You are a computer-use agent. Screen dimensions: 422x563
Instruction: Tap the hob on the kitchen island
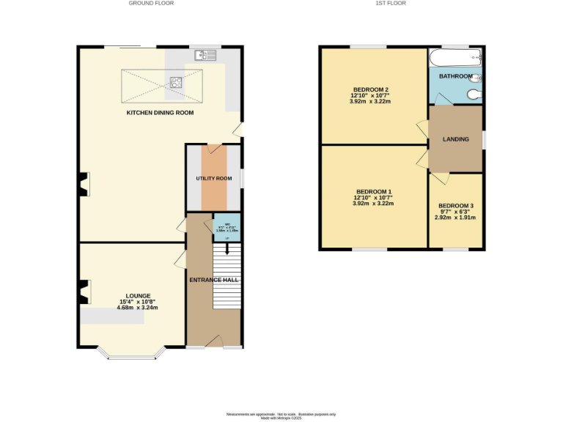point(177,82)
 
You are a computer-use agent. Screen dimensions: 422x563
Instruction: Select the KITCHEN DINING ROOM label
point(160,113)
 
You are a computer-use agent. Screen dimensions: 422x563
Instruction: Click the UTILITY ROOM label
point(213,178)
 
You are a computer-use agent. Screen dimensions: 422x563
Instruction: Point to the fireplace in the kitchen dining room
point(84,185)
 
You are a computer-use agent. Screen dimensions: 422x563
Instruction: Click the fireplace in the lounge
point(85,292)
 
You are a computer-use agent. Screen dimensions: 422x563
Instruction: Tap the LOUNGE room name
point(138,295)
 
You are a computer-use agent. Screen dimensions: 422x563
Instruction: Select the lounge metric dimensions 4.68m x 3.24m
point(138,308)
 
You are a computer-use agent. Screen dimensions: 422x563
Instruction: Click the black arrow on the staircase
point(227,249)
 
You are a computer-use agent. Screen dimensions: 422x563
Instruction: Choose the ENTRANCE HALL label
point(214,280)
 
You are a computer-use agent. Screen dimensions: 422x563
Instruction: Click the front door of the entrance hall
point(214,341)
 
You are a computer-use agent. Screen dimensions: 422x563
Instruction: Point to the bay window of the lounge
point(132,357)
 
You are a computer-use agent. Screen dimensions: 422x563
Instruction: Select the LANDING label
point(455,138)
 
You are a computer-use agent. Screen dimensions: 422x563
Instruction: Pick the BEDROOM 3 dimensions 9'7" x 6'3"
point(455,212)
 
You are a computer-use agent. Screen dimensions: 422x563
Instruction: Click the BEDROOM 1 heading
point(373,191)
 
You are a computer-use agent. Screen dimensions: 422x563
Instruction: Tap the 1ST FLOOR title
point(391,4)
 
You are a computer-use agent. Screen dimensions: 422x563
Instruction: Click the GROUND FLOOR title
point(151,4)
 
